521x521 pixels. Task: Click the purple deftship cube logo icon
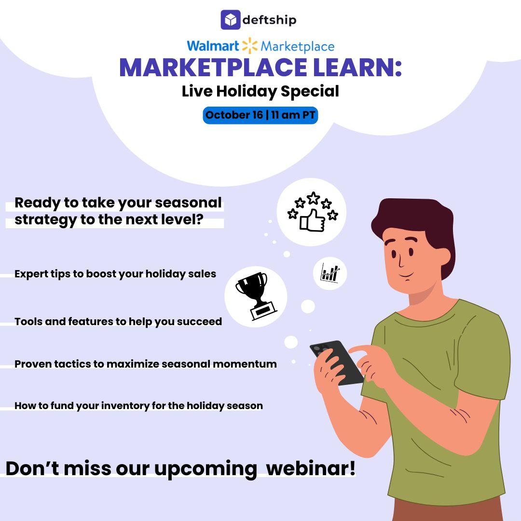point(230,20)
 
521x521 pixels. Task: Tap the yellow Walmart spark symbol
point(249,46)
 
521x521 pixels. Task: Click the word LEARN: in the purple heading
point(357,68)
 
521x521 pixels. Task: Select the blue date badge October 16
point(260,115)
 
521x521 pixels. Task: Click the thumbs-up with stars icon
point(312,212)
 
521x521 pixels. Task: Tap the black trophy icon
point(256,296)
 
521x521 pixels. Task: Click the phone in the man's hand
point(336,362)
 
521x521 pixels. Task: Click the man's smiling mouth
point(406,275)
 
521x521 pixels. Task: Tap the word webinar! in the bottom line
point(311,468)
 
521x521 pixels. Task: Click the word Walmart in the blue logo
point(213,46)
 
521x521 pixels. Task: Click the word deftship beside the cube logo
point(269,20)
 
